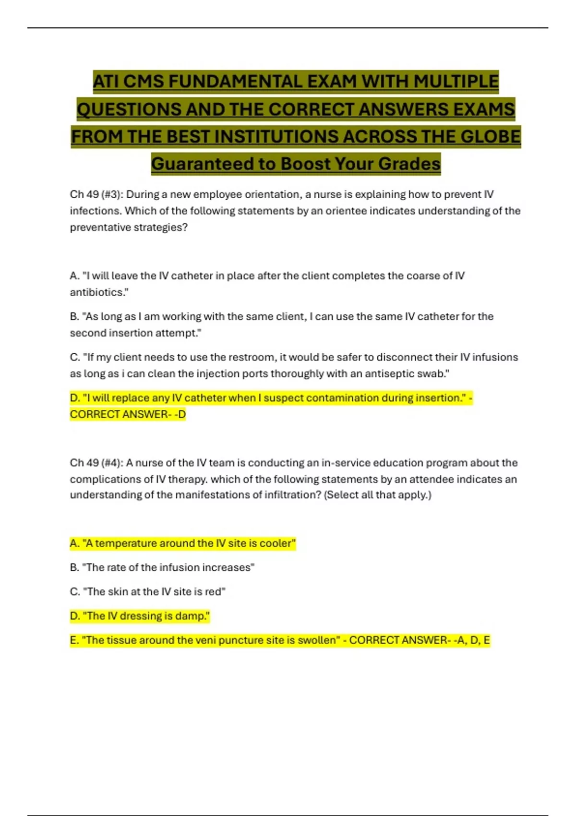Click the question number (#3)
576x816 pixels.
point(111,194)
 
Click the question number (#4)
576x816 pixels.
point(111,463)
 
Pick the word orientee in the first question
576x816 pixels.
point(346,211)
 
